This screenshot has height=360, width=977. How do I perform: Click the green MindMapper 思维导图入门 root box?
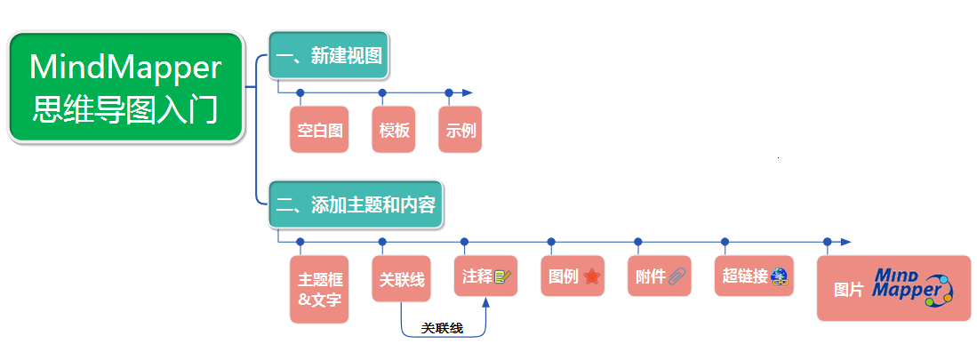[x=125, y=88]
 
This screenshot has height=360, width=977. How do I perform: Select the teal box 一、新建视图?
[x=329, y=57]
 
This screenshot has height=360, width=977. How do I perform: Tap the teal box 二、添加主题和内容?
[x=356, y=205]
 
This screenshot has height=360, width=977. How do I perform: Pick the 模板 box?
[x=394, y=131]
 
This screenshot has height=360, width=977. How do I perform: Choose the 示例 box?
[x=460, y=131]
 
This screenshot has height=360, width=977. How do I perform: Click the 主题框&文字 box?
[x=318, y=289]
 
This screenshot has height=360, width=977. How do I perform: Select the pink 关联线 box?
[x=401, y=279]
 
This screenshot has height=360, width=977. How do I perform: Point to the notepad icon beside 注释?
[x=504, y=276]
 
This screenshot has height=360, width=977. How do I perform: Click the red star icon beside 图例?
[x=593, y=276]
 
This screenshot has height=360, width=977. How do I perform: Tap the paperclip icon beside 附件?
[x=678, y=276]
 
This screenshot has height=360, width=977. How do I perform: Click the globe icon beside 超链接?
[x=780, y=276]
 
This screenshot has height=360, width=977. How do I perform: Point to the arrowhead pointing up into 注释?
[x=486, y=304]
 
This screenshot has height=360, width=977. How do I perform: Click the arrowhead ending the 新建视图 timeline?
[x=467, y=92]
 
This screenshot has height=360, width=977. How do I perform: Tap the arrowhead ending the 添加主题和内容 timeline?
[x=845, y=242]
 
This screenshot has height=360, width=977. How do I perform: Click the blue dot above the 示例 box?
[x=449, y=92]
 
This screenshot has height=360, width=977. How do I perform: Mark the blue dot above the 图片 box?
[x=827, y=242]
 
